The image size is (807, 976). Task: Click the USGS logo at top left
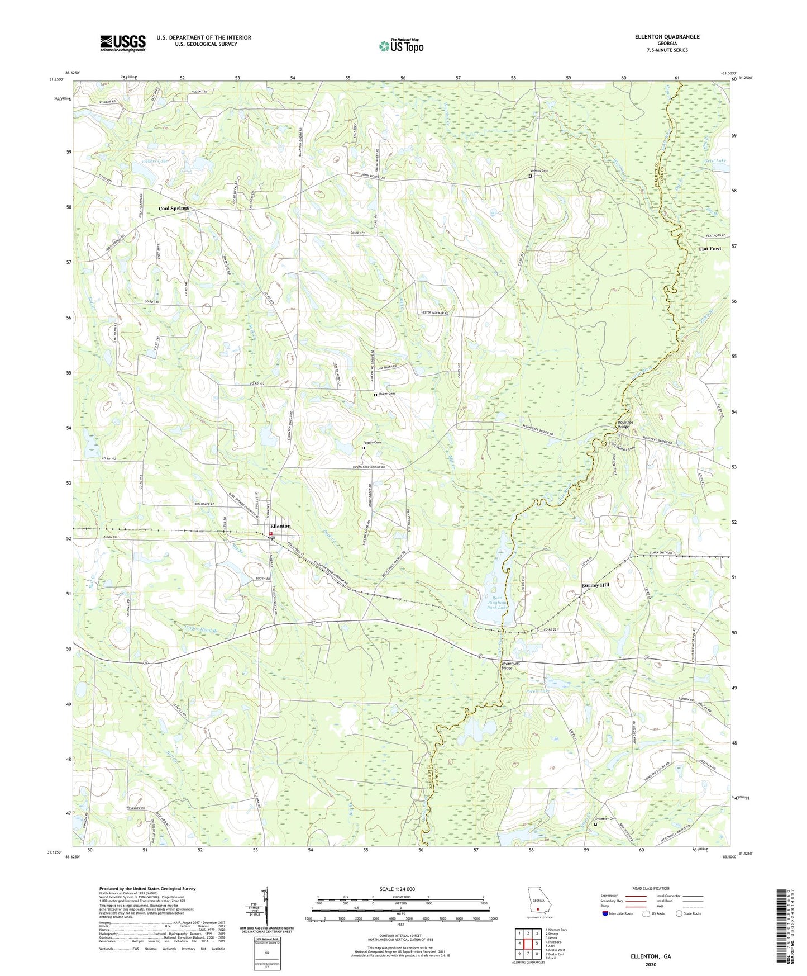[x=122, y=43]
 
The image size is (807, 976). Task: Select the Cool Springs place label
[x=174, y=208]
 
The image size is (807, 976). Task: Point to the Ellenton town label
[x=280, y=526]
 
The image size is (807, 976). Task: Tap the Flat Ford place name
[x=710, y=249]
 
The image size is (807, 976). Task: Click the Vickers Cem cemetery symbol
[x=530, y=176]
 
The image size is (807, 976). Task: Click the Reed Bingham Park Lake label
[x=492, y=603]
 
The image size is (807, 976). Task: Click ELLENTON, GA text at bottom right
[x=651, y=956]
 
